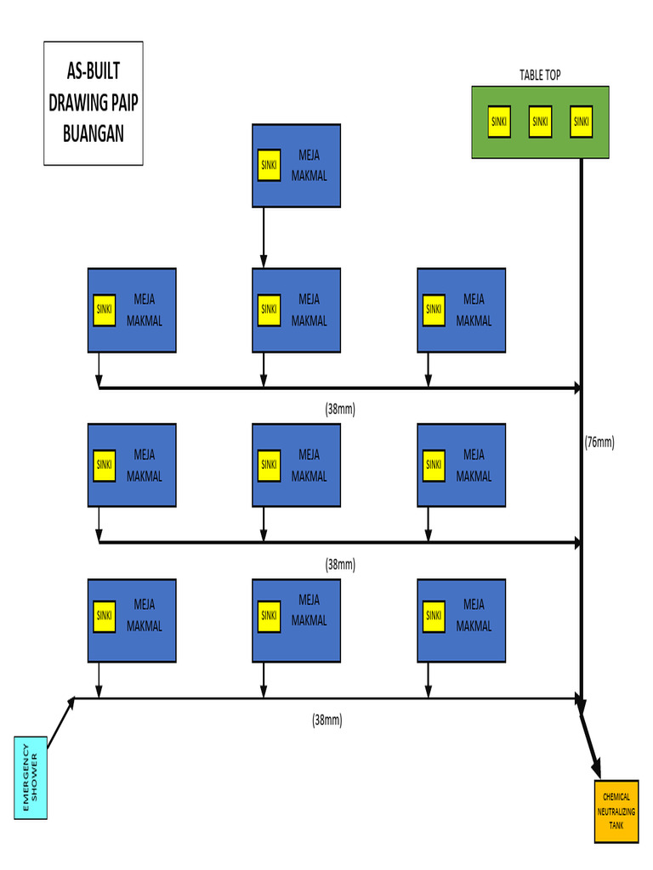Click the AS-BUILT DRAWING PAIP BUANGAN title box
click(x=94, y=103)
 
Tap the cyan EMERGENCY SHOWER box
click(x=31, y=777)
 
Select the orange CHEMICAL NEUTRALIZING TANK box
click(x=616, y=811)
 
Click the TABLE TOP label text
click(x=540, y=76)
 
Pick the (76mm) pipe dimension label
click(x=599, y=442)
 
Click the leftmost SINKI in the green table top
click(x=499, y=121)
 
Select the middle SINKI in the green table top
click(x=540, y=121)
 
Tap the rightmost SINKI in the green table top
click(x=581, y=121)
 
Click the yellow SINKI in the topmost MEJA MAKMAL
click(x=269, y=165)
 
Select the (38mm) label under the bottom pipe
click(x=326, y=720)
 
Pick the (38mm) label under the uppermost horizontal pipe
click(x=340, y=409)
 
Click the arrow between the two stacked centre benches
click(x=264, y=237)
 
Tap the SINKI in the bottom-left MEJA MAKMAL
click(x=105, y=615)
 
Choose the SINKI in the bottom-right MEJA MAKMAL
click(x=434, y=615)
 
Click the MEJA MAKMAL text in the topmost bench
click(x=309, y=166)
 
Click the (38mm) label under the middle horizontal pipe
click(x=340, y=564)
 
